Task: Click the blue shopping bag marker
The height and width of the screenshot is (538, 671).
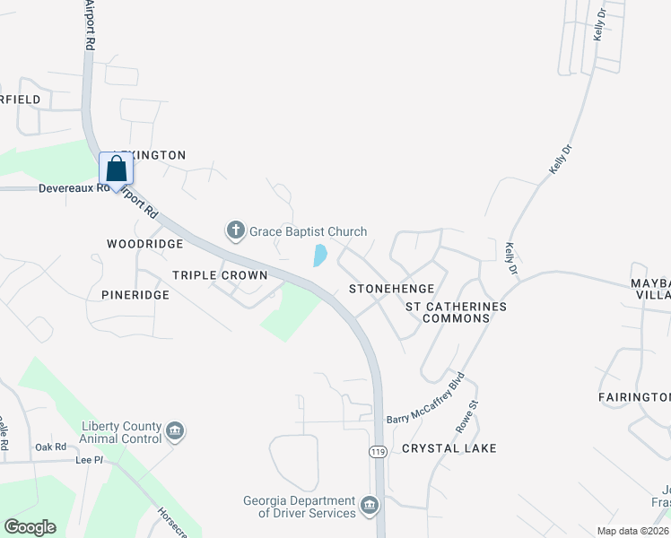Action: (117, 169)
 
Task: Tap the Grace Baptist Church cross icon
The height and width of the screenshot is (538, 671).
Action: (236, 231)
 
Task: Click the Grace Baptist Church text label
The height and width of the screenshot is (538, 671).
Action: (308, 231)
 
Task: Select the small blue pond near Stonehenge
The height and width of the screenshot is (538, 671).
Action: (318, 256)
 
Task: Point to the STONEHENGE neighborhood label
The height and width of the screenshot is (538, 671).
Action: (391, 289)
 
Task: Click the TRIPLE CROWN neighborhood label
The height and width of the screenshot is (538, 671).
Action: (220, 275)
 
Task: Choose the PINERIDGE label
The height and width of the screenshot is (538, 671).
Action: (135, 294)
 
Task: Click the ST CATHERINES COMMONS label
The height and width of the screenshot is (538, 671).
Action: (456, 312)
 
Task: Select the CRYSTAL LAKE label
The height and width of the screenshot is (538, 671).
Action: (449, 447)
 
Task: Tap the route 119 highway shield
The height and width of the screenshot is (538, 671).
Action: (378, 453)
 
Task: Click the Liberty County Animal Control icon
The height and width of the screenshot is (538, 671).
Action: (176, 432)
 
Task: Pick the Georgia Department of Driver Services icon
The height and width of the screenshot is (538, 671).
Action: (370, 507)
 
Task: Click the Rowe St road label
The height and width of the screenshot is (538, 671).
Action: (463, 414)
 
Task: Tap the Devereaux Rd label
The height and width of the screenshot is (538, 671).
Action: (74, 188)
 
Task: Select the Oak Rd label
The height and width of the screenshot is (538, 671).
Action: (51, 447)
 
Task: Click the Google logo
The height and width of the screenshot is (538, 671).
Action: (30, 527)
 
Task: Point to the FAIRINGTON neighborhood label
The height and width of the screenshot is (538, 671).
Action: (634, 396)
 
